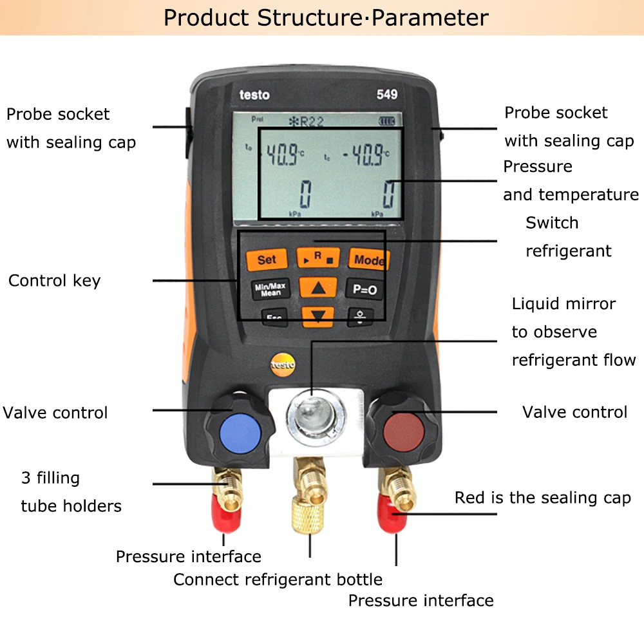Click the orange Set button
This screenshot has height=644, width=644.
pyautogui.click(x=267, y=260)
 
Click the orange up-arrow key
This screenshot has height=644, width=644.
pyautogui.click(x=318, y=289)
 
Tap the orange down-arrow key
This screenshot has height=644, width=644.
pyautogui.click(x=318, y=315)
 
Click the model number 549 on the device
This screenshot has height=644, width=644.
pyautogui.click(x=386, y=94)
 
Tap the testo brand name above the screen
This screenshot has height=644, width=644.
pyautogui.click(x=254, y=95)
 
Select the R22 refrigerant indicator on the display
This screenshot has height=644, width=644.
pyautogui.click(x=313, y=120)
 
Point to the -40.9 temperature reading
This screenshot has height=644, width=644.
pyautogui.click(x=365, y=155)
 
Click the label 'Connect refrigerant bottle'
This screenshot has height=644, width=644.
pyautogui.click(x=278, y=580)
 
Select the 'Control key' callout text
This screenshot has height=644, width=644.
pyautogui.click(x=55, y=281)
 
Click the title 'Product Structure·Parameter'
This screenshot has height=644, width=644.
pyautogui.click(x=326, y=17)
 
